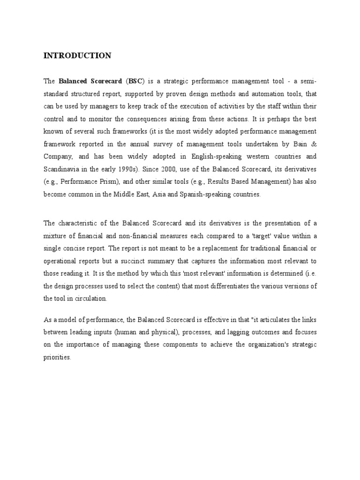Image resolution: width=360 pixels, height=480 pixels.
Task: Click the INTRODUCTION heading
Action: click(x=77, y=56)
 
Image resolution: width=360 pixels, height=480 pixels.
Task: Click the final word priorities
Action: click(x=57, y=357)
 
